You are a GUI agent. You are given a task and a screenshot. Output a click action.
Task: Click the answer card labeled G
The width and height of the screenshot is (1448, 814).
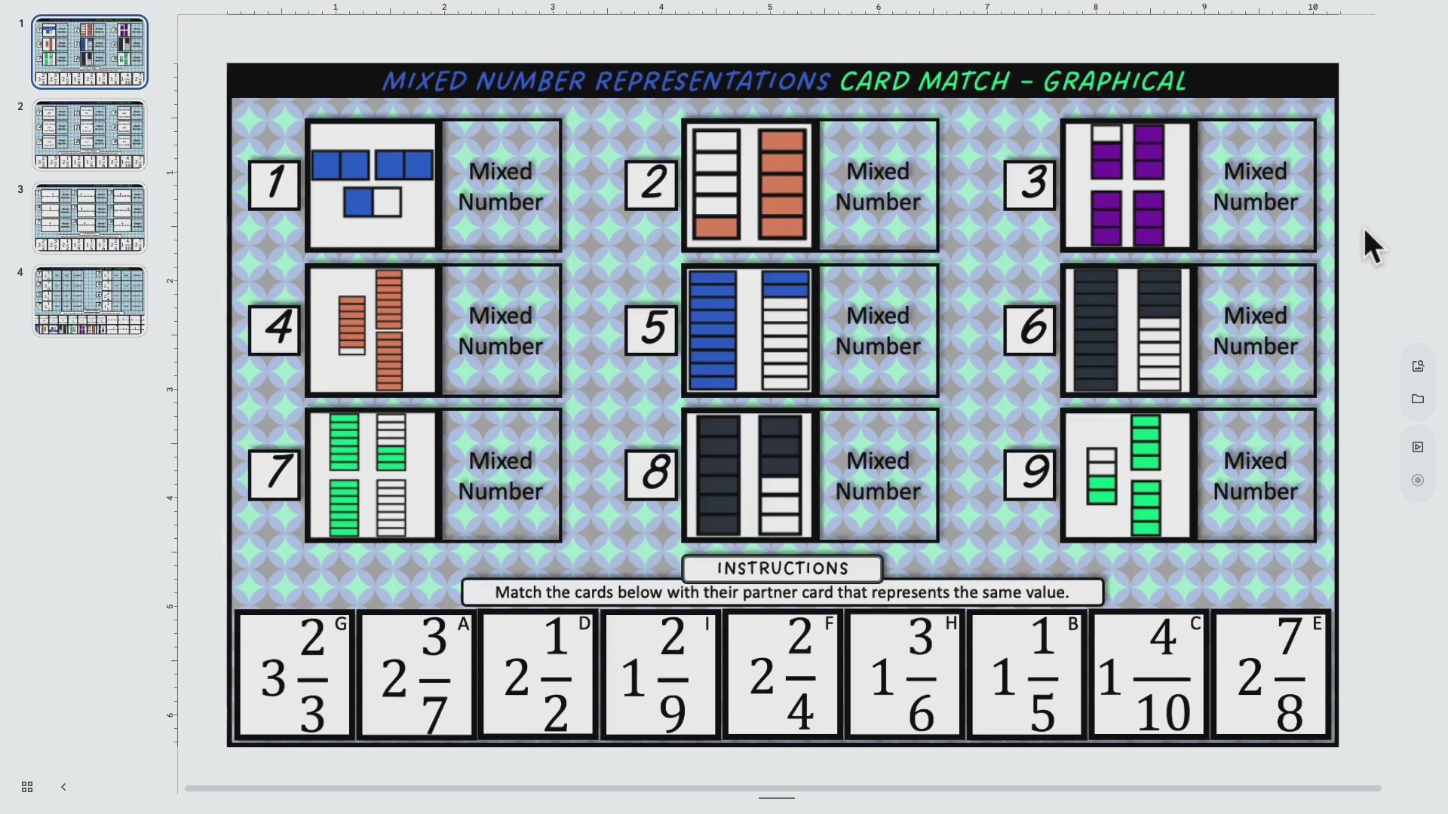294,675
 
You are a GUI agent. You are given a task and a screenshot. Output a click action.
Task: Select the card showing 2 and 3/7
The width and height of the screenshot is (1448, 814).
416,675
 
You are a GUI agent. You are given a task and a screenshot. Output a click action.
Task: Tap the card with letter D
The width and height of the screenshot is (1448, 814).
538,675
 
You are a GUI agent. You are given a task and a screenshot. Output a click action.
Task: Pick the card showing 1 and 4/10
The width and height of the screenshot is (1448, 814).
1149,675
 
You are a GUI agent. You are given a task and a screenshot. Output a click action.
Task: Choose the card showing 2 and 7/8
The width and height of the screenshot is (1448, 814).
1271,675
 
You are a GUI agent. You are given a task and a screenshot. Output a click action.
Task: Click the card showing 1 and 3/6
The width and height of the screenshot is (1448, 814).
904,675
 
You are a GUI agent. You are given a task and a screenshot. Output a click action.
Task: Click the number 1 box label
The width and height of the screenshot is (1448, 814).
275,185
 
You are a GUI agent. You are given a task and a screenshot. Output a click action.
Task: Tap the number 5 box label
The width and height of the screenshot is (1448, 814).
652,329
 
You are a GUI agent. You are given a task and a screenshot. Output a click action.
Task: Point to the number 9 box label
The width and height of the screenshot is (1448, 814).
1030,474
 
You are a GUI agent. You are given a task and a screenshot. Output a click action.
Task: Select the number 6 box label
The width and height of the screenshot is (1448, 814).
1030,329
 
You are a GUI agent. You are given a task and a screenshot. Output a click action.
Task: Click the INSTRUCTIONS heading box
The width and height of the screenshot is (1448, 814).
782,568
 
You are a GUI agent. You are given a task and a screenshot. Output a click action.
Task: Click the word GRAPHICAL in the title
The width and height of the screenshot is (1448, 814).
1115,81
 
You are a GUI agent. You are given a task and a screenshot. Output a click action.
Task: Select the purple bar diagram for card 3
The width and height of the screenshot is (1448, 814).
1127,185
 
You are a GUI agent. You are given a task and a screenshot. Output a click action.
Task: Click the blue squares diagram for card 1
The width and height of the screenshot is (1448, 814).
373,185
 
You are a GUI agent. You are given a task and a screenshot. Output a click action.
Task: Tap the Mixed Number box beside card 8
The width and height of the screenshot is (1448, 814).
879,476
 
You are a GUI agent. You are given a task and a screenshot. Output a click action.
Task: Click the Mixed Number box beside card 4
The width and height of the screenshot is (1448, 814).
501,330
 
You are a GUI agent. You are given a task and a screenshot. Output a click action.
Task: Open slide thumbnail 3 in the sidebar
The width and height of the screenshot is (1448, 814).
90,218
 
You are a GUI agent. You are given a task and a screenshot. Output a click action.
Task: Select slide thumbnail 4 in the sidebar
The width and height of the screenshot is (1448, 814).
90,301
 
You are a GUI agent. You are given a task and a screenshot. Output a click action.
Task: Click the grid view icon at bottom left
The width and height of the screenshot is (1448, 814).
27,787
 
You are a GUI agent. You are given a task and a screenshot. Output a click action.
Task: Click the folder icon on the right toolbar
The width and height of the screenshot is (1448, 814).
1418,399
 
